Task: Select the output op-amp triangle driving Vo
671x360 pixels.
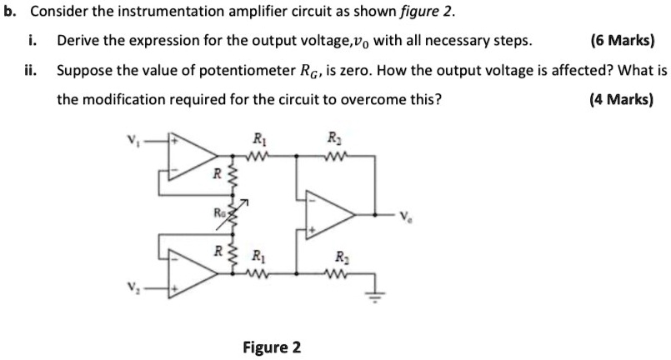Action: (330, 212)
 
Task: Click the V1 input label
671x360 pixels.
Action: (129, 139)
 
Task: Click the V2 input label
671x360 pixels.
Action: (130, 289)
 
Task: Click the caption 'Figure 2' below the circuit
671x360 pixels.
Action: (271, 347)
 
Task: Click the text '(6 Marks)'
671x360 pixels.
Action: (622, 41)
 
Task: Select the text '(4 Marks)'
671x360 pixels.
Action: (622, 99)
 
